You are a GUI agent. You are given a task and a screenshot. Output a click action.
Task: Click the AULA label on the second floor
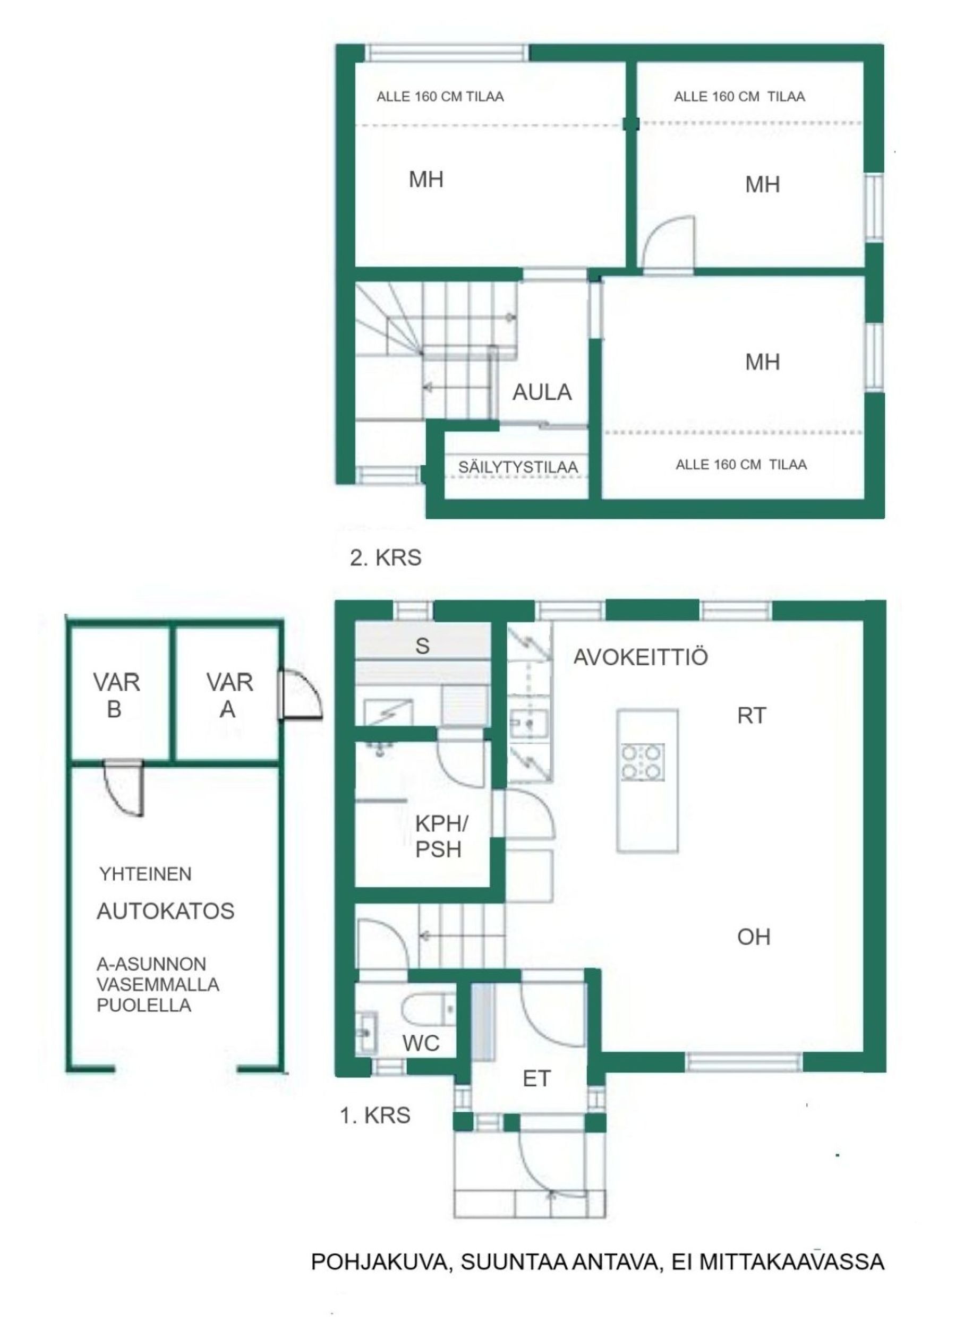tap(542, 392)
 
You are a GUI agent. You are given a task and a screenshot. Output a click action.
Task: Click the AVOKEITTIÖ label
tap(641, 657)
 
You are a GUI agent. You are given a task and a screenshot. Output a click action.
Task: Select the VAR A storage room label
tap(229, 696)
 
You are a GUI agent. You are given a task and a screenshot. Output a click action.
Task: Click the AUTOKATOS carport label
tap(166, 911)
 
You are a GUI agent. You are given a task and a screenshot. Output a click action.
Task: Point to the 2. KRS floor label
tap(385, 558)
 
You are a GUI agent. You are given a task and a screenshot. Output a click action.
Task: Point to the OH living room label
tap(754, 937)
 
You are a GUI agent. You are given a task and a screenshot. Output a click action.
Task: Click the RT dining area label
tap(752, 715)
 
